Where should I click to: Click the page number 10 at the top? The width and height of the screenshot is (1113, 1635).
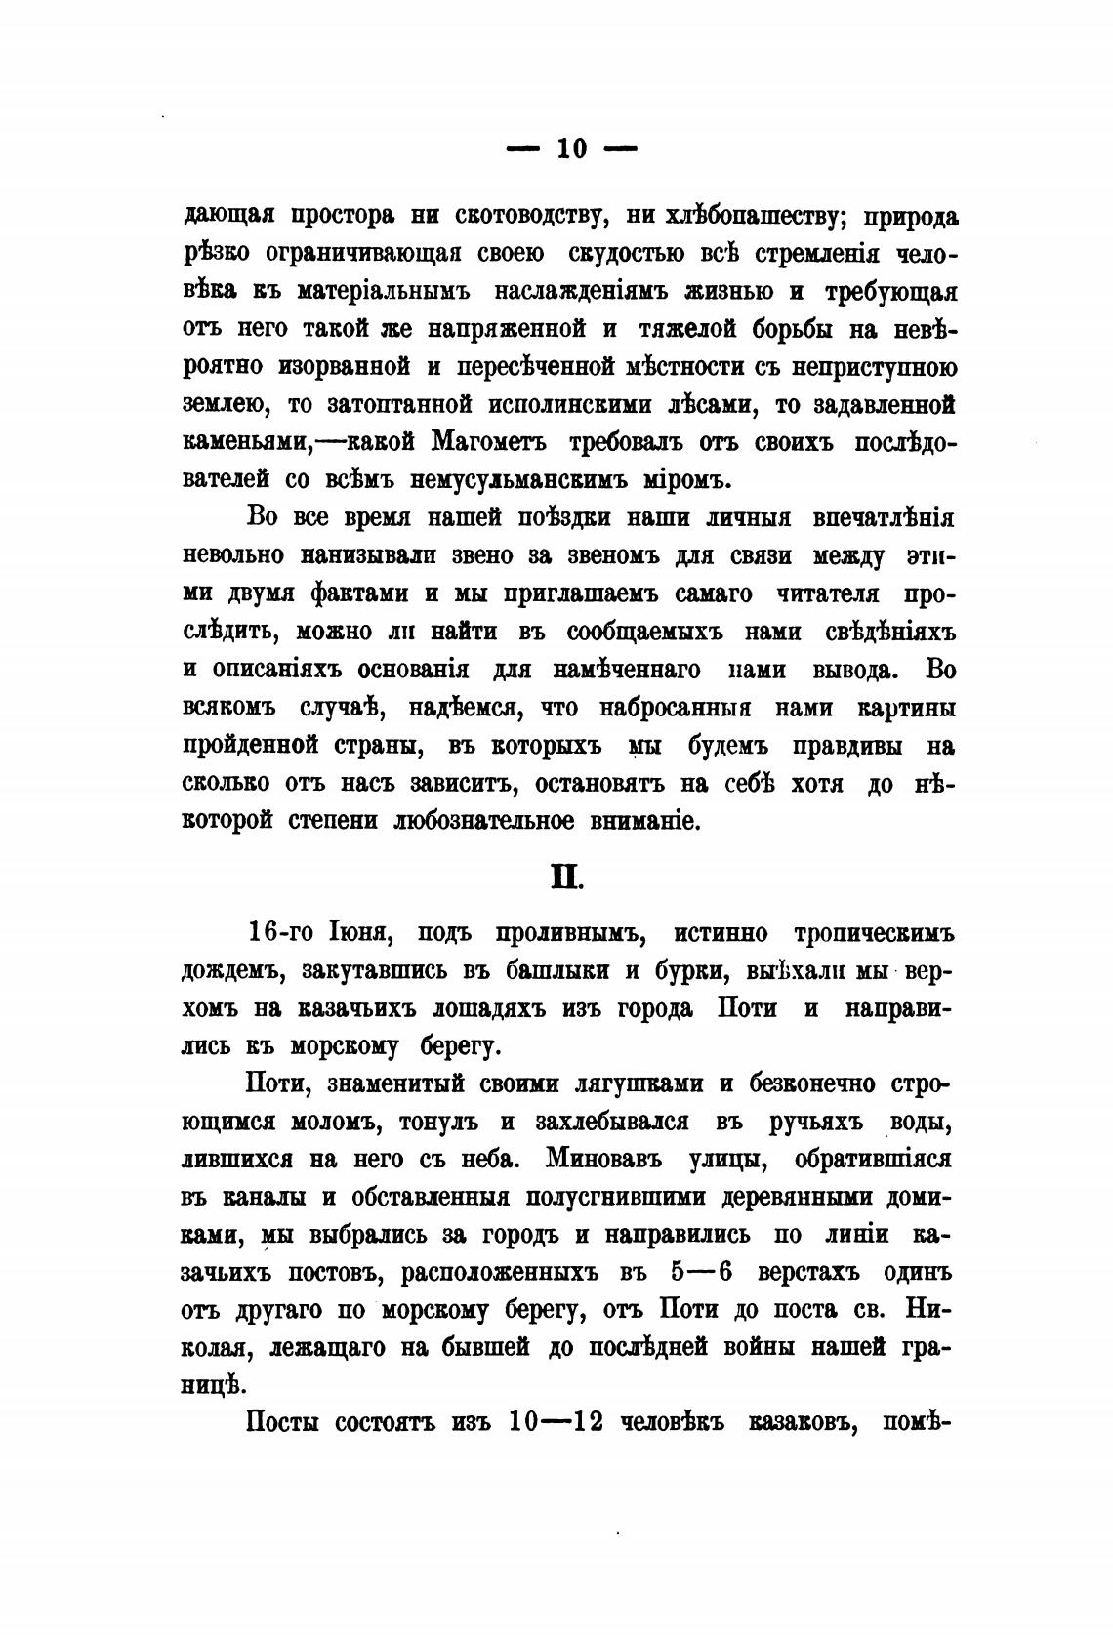[570, 148]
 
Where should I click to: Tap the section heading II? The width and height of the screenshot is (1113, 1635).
[563, 871]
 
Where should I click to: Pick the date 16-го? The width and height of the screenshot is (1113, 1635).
[281, 933]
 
